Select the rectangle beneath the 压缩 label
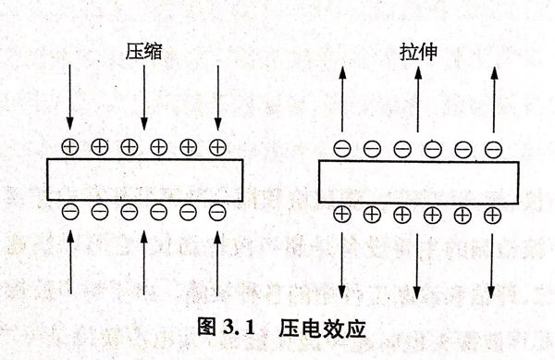pos(143,179)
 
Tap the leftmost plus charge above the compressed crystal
pos(70,146)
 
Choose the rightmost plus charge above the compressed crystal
pos(217,146)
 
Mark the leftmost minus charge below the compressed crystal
pos(70,212)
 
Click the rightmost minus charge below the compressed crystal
pos(217,212)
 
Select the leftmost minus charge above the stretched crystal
pos(342,147)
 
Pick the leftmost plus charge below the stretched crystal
pos(342,215)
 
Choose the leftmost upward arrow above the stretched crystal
pos(342,97)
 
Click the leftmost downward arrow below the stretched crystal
pos(342,264)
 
